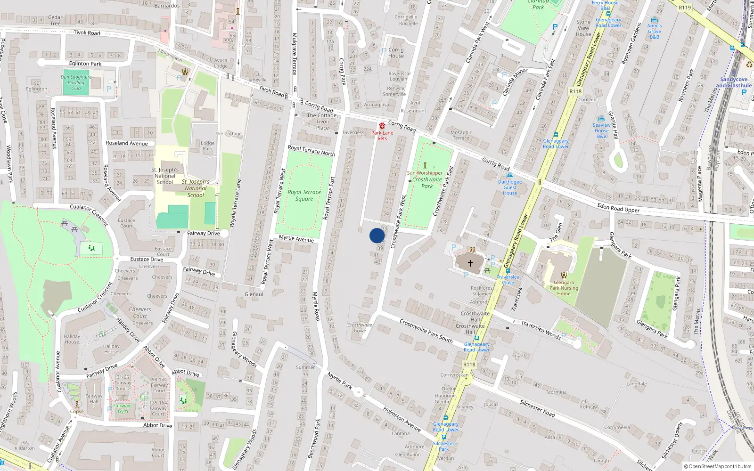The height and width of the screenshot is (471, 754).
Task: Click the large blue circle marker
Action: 377,235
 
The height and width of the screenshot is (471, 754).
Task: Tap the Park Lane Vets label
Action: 382,136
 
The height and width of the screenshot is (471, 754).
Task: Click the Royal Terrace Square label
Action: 304,195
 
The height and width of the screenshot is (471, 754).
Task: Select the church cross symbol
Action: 470,263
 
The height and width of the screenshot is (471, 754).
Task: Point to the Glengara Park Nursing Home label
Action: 564,288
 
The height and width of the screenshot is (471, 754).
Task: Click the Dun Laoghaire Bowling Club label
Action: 76,82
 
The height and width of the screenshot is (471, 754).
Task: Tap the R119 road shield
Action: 685,8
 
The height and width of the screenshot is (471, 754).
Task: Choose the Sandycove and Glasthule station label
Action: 734,82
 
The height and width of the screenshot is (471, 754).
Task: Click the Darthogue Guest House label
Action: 510,187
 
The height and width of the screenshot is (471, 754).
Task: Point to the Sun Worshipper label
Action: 425,173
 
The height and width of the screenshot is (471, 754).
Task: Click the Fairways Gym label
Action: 123,408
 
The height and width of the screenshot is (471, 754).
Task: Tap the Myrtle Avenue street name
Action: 296,238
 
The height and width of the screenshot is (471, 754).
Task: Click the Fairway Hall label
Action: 94,398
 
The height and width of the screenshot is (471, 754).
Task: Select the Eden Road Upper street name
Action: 618,208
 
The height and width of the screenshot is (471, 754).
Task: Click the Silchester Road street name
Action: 537,408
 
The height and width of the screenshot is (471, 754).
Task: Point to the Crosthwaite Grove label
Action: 360,327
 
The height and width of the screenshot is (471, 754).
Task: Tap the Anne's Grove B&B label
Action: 654,31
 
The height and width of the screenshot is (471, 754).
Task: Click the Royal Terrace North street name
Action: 311,151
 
